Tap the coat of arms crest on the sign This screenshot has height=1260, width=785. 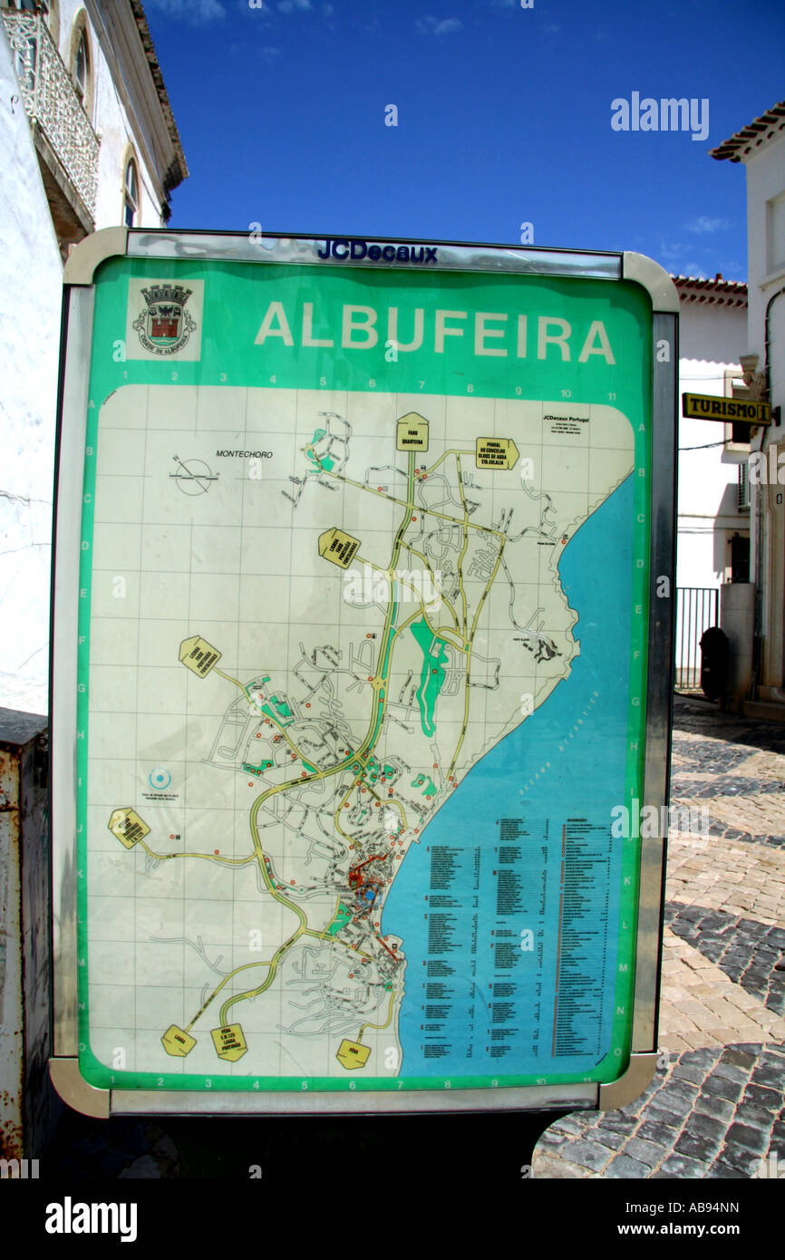click(x=164, y=318)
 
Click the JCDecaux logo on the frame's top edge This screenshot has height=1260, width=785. click(x=376, y=251)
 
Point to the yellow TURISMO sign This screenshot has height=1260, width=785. click(x=726, y=409)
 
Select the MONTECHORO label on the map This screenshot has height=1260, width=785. click(x=244, y=453)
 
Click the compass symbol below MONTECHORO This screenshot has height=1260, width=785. click(x=193, y=475)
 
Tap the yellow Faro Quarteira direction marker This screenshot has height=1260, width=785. click(x=412, y=432)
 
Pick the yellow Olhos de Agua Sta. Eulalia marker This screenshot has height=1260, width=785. click(x=497, y=453)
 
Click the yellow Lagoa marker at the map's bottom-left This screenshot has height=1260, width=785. click(x=178, y=1040)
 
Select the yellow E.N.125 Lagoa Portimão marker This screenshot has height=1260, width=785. click(x=228, y=1042)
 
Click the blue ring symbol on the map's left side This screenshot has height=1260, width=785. click(x=160, y=778)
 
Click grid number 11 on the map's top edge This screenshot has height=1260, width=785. click(x=612, y=396)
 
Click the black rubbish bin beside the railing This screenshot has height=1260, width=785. click(x=713, y=662)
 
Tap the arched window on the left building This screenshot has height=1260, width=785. click(x=131, y=191)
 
